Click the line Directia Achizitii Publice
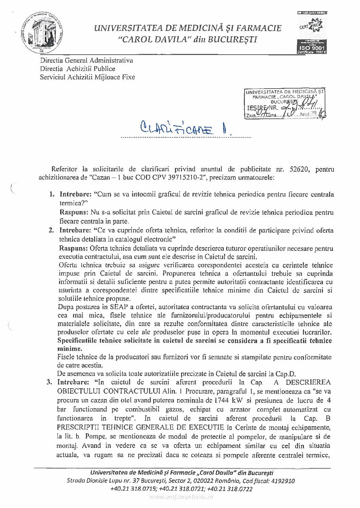(x=77, y=69)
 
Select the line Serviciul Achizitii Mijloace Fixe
(x=87, y=77)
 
